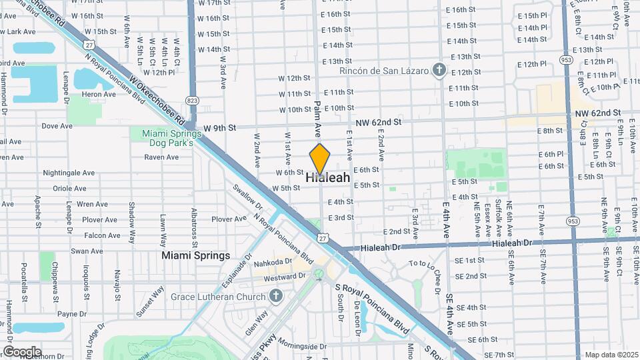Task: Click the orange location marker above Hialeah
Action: pyautogui.click(x=320, y=159)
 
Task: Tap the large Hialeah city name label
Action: pyautogui.click(x=328, y=178)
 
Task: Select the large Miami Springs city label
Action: pyautogui.click(x=196, y=255)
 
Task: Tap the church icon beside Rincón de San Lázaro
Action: pyautogui.click(x=439, y=70)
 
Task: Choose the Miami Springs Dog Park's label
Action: pyautogui.click(x=167, y=138)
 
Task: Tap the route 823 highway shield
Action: pyautogui.click(x=193, y=101)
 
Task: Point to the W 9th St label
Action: pyautogui.click(x=220, y=127)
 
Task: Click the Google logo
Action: pyautogui.click(x=22, y=351)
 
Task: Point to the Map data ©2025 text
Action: pyautogui.click(x=610, y=355)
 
